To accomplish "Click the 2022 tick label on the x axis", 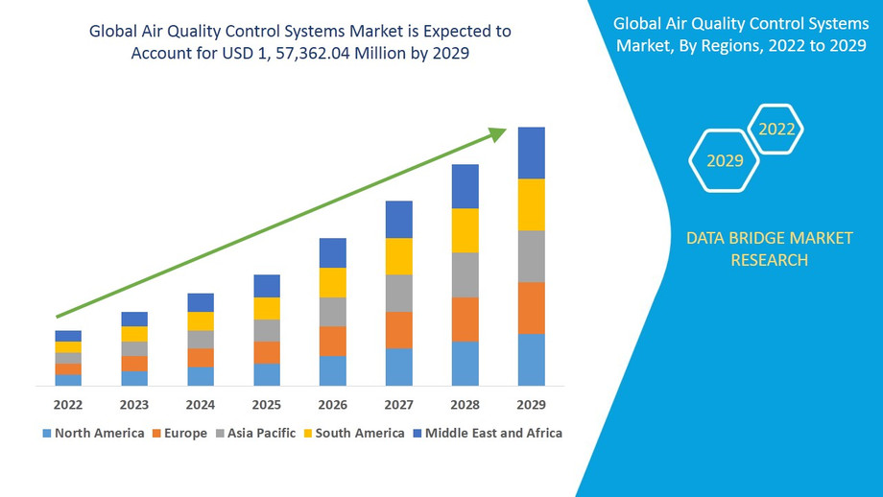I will click(68, 404).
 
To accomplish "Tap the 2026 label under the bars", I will click(333, 404).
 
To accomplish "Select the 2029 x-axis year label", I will click(531, 404).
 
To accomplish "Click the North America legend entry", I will click(93, 433).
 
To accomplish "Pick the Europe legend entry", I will click(179, 433).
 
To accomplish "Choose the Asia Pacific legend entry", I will click(254, 433).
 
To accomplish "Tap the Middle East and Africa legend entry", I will click(487, 433).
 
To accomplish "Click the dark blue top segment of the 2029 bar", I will click(531, 153).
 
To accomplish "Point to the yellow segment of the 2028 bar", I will click(465, 230).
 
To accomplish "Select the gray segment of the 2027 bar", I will click(399, 293).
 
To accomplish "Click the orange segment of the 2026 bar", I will click(333, 341).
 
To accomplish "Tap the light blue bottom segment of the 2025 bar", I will click(267, 374).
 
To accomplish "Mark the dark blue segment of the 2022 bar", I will click(68, 336).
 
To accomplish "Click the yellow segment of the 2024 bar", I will click(201, 321).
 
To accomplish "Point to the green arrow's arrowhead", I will click(496, 134).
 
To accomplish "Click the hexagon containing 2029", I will click(725, 160).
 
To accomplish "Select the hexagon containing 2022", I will click(776, 129).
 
